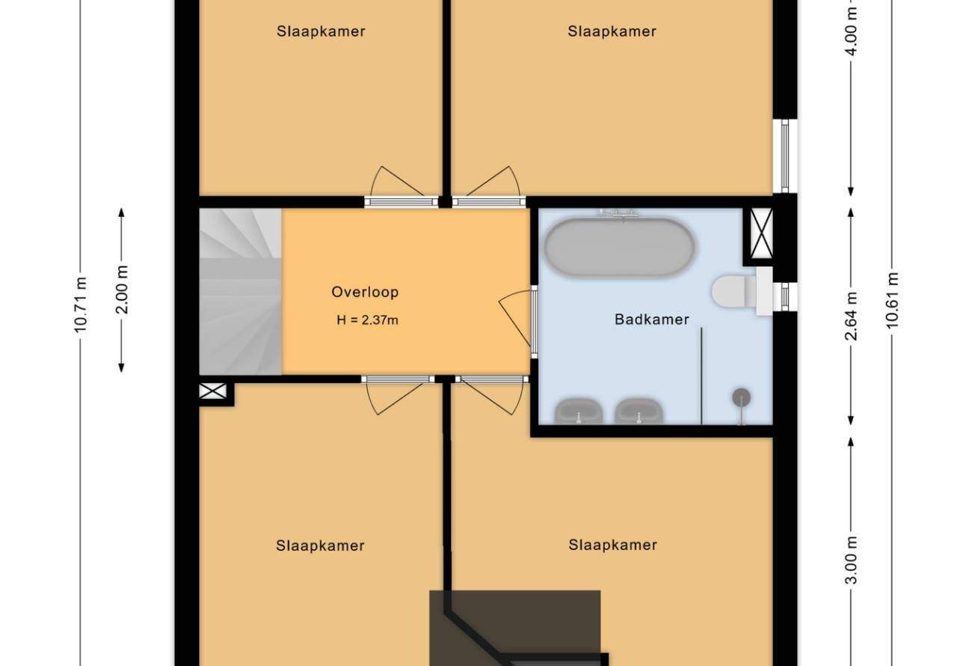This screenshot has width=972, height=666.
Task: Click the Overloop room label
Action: coord(365,292)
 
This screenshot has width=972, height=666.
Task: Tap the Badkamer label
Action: coord(652,320)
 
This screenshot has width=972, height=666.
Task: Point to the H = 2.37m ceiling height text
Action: coord(368,320)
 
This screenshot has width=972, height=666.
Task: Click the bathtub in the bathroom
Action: coord(619,247)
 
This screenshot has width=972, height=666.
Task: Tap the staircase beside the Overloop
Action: coord(241,291)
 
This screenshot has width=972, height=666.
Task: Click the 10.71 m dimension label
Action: coord(80,305)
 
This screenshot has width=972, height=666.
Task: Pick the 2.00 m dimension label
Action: coord(122,289)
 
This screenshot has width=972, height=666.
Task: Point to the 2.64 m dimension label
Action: coord(851,316)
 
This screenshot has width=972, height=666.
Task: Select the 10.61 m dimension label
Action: coord(892,300)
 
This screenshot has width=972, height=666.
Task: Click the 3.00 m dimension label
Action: coord(852,560)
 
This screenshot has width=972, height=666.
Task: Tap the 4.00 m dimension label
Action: coord(852,31)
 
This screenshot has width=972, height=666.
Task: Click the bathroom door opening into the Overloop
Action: coord(517,321)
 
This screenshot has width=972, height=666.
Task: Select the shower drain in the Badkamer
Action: coord(742,397)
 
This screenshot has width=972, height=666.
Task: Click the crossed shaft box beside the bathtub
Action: coord(761,233)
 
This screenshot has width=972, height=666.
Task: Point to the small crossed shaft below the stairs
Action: coord(212,391)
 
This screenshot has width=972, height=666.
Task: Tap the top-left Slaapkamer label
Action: coord(321,31)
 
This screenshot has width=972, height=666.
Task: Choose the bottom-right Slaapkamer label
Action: coord(612,545)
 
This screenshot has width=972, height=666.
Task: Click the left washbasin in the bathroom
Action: coord(579,411)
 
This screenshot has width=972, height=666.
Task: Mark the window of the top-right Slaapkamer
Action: coord(785,156)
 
